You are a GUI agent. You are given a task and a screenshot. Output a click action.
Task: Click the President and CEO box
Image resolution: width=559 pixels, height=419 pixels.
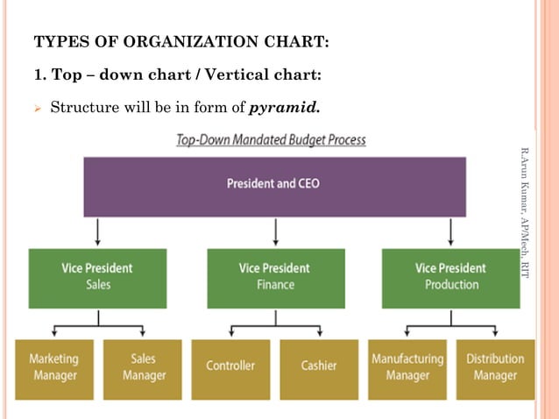coord(274,185)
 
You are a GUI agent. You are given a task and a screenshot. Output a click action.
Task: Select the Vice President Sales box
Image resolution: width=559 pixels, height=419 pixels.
coord(97,277)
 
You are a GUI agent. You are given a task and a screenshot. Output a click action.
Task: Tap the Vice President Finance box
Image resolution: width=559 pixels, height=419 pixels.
coord(275,277)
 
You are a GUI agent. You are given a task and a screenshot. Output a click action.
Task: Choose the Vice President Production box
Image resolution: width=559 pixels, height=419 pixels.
coord(449,277)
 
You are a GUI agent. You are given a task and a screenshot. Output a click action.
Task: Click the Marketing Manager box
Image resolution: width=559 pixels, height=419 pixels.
coord(53,367)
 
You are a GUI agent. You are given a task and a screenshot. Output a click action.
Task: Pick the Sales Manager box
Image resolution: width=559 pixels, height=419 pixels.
coord(143,367)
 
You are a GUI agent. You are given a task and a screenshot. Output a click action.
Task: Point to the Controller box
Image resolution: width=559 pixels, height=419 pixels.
coord(230,367)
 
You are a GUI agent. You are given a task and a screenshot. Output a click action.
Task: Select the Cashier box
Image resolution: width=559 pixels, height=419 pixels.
coord(319,367)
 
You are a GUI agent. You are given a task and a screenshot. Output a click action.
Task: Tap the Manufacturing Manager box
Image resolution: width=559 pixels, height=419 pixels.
coord(407,367)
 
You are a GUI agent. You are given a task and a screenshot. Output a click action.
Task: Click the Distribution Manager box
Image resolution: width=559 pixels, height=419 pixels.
coord(495,367)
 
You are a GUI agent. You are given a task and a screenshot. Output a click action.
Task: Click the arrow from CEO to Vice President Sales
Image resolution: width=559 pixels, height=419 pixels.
coord(98,232)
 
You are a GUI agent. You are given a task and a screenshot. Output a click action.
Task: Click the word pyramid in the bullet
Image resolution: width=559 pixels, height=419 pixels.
coord(285,109)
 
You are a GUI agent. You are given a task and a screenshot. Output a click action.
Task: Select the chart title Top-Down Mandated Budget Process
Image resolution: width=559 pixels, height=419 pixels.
coord(272,139)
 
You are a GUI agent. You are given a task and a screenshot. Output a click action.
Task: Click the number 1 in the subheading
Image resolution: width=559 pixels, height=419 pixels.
coord(37,75)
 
